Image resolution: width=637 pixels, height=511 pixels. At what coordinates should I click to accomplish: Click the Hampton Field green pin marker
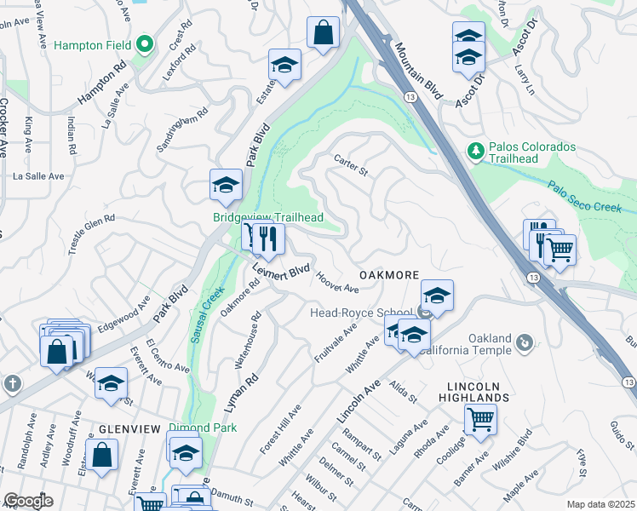[x=145, y=43]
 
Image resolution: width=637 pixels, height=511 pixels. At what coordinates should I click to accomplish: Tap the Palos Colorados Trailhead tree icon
[x=476, y=152]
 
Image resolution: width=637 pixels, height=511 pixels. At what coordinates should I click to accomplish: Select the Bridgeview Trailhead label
[x=267, y=218]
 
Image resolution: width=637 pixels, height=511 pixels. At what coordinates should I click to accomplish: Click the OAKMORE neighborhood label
[x=389, y=275]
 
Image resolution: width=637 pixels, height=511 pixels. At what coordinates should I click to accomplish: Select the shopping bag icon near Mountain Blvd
[x=324, y=34]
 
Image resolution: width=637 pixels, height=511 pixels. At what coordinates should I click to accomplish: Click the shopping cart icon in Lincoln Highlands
[x=480, y=419]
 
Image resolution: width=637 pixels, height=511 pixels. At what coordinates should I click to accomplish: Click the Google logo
[x=28, y=501]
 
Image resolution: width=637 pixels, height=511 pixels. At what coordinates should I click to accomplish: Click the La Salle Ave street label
[x=38, y=176]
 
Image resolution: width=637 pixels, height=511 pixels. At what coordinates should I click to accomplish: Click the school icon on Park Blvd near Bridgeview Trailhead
[x=227, y=186]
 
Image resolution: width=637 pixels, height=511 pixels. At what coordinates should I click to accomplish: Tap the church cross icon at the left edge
[x=12, y=382]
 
